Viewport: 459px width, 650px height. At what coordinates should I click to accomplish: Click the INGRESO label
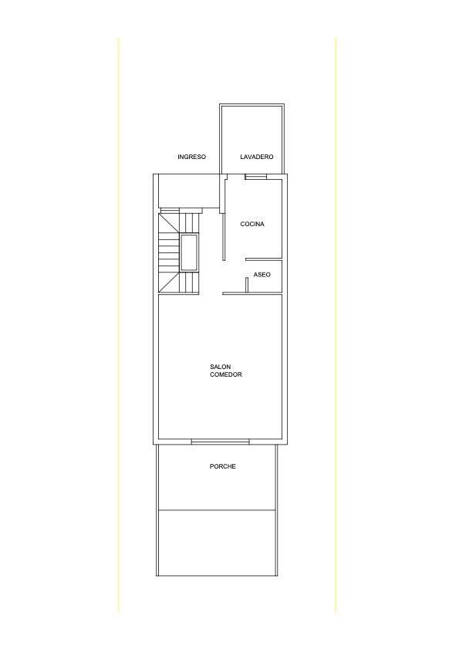tap(191, 157)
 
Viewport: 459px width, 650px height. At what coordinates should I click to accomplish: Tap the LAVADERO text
tap(257, 157)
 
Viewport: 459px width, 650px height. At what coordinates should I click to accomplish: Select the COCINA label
tap(252, 224)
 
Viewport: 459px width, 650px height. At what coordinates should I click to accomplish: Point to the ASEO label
tap(262, 275)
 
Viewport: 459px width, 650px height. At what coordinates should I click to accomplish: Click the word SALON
tap(220, 367)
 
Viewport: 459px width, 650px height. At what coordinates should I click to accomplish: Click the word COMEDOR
tap(226, 374)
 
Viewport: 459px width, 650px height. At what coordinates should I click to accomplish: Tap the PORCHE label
tap(222, 466)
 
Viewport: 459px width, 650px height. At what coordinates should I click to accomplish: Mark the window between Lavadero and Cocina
tap(256, 177)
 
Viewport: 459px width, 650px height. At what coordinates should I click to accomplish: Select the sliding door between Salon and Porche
tap(221, 442)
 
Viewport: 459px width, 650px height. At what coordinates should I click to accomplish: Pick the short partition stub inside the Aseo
tap(247, 285)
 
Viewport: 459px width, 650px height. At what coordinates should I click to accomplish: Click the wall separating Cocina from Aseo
tap(264, 258)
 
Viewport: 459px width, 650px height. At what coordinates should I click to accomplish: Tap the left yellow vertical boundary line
tap(119, 324)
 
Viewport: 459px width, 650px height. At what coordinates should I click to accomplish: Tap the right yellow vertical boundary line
tap(336, 324)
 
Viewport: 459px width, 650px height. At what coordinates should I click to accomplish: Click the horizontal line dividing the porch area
tap(217, 510)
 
